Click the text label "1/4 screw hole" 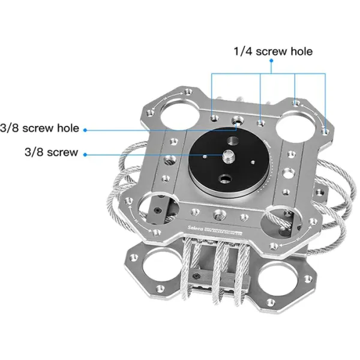pyautogui.click(x=272, y=52)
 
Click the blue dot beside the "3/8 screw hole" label pyautogui.click(x=85, y=129)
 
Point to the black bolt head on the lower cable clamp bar pyautogui.click(x=198, y=276)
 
